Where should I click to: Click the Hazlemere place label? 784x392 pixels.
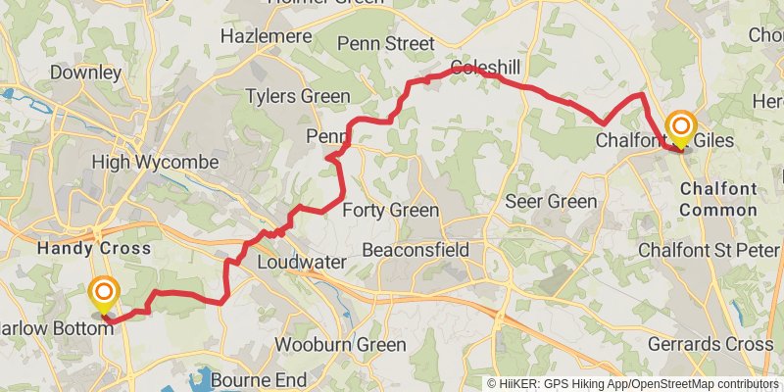pos(260,35)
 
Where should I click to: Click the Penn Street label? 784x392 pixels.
pos(384,43)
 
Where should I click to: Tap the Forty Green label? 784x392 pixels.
pos(390,210)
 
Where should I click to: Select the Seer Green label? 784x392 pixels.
pos(550,202)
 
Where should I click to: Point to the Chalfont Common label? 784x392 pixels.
pos(718,198)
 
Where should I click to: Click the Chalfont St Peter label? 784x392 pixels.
pos(709,250)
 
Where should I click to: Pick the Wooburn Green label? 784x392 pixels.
pos(340,345)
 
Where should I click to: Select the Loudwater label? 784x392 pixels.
pos(295,263)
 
